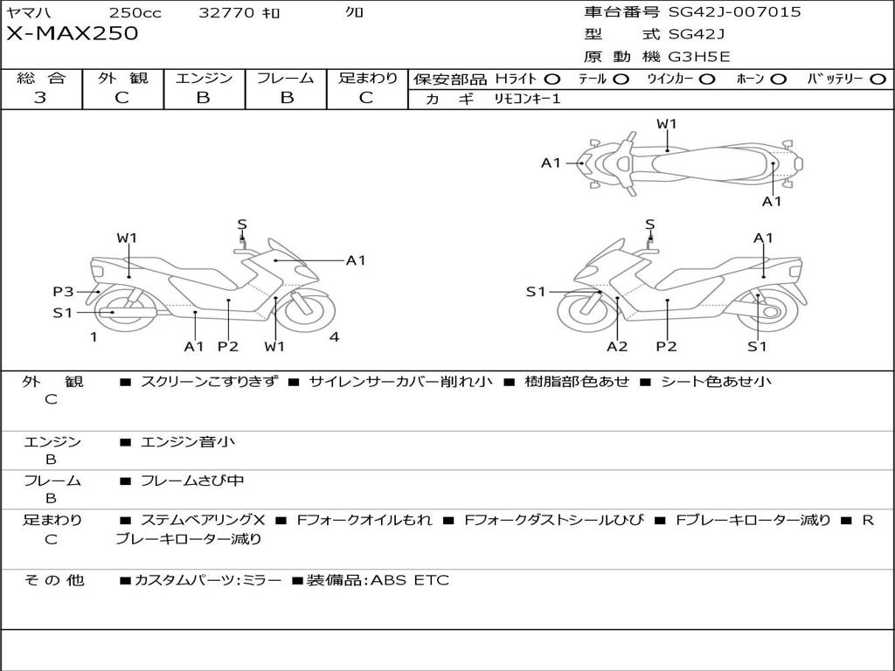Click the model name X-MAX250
point(73,34)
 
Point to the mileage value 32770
point(226,12)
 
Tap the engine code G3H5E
point(699,57)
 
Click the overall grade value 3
point(40,98)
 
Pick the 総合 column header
point(41,78)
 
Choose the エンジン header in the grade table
point(204,78)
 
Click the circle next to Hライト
point(552,80)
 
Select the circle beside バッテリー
point(878,80)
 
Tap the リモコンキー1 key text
point(528,99)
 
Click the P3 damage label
point(62,292)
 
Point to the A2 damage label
point(617,347)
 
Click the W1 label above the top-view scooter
point(667,124)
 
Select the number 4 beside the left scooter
point(334,336)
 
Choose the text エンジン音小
point(188,442)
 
